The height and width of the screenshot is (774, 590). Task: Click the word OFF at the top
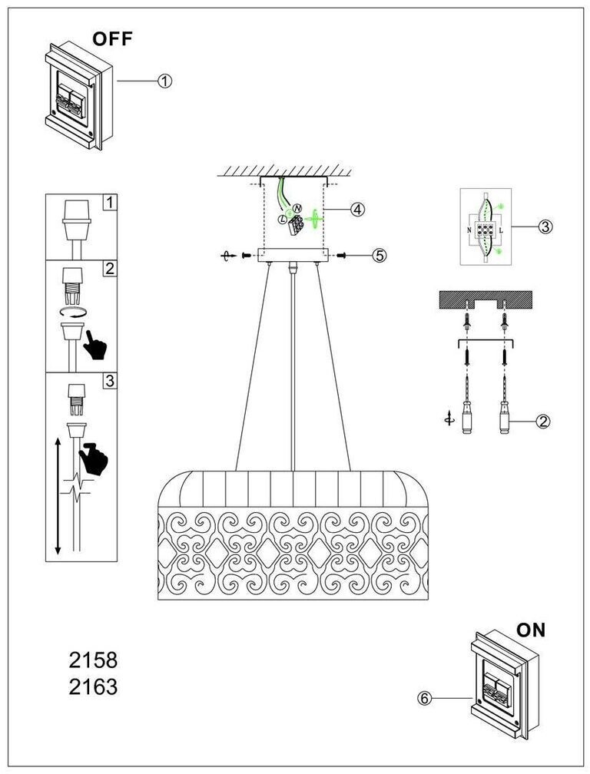[112, 39]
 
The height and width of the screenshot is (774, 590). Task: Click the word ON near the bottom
[530, 630]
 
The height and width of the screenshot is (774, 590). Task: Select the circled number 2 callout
[543, 421]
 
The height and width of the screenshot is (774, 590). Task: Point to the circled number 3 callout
[543, 227]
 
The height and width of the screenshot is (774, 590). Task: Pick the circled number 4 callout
[356, 209]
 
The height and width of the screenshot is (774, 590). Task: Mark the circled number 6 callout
[426, 698]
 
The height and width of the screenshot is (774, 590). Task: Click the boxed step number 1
[110, 203]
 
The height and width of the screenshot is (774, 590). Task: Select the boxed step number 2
[110, 269]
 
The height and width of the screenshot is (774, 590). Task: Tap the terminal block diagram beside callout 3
[486, 227]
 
